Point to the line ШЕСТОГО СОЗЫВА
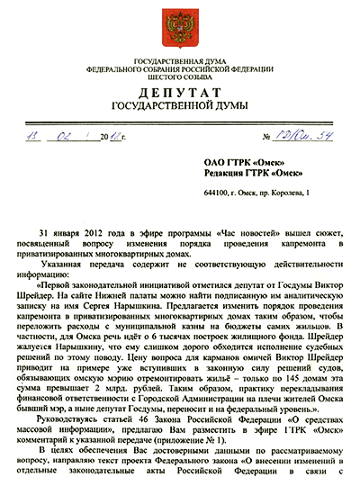point(180,76)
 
